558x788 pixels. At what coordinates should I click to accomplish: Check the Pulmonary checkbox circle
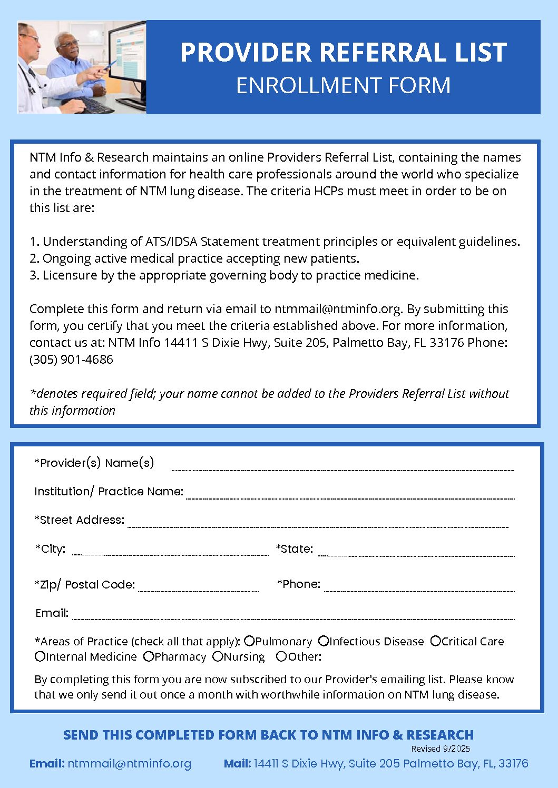[x=250, y=641]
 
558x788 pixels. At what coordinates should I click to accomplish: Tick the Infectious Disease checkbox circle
[x=324, y=641]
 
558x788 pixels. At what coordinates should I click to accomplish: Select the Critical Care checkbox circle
[x=435, y=641]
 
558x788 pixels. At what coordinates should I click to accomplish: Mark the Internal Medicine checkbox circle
[x=40, y=656]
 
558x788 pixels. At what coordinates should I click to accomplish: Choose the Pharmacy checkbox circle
[x=149, y=656]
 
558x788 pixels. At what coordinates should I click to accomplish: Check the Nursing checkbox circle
[x=218, y=656]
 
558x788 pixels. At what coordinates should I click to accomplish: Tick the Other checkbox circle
[x=281, y=656]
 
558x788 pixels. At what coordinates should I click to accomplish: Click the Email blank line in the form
[x=293, y=616]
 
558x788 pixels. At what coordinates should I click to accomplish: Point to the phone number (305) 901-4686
[x=71, y=360]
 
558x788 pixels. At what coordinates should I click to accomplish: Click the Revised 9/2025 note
[x=440, y=749]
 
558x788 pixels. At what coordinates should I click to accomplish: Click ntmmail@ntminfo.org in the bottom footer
[x=129, y=763]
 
